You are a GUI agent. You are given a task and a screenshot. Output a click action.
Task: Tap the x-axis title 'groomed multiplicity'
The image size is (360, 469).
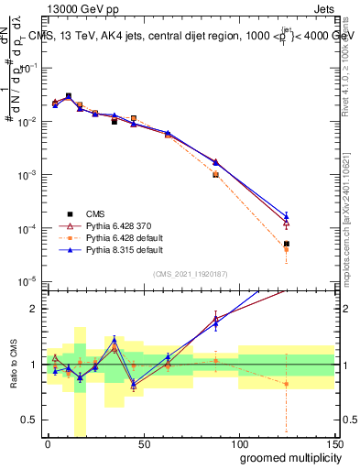coord(280,456)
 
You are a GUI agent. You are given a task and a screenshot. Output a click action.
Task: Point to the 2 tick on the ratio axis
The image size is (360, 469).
coord(33,309)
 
